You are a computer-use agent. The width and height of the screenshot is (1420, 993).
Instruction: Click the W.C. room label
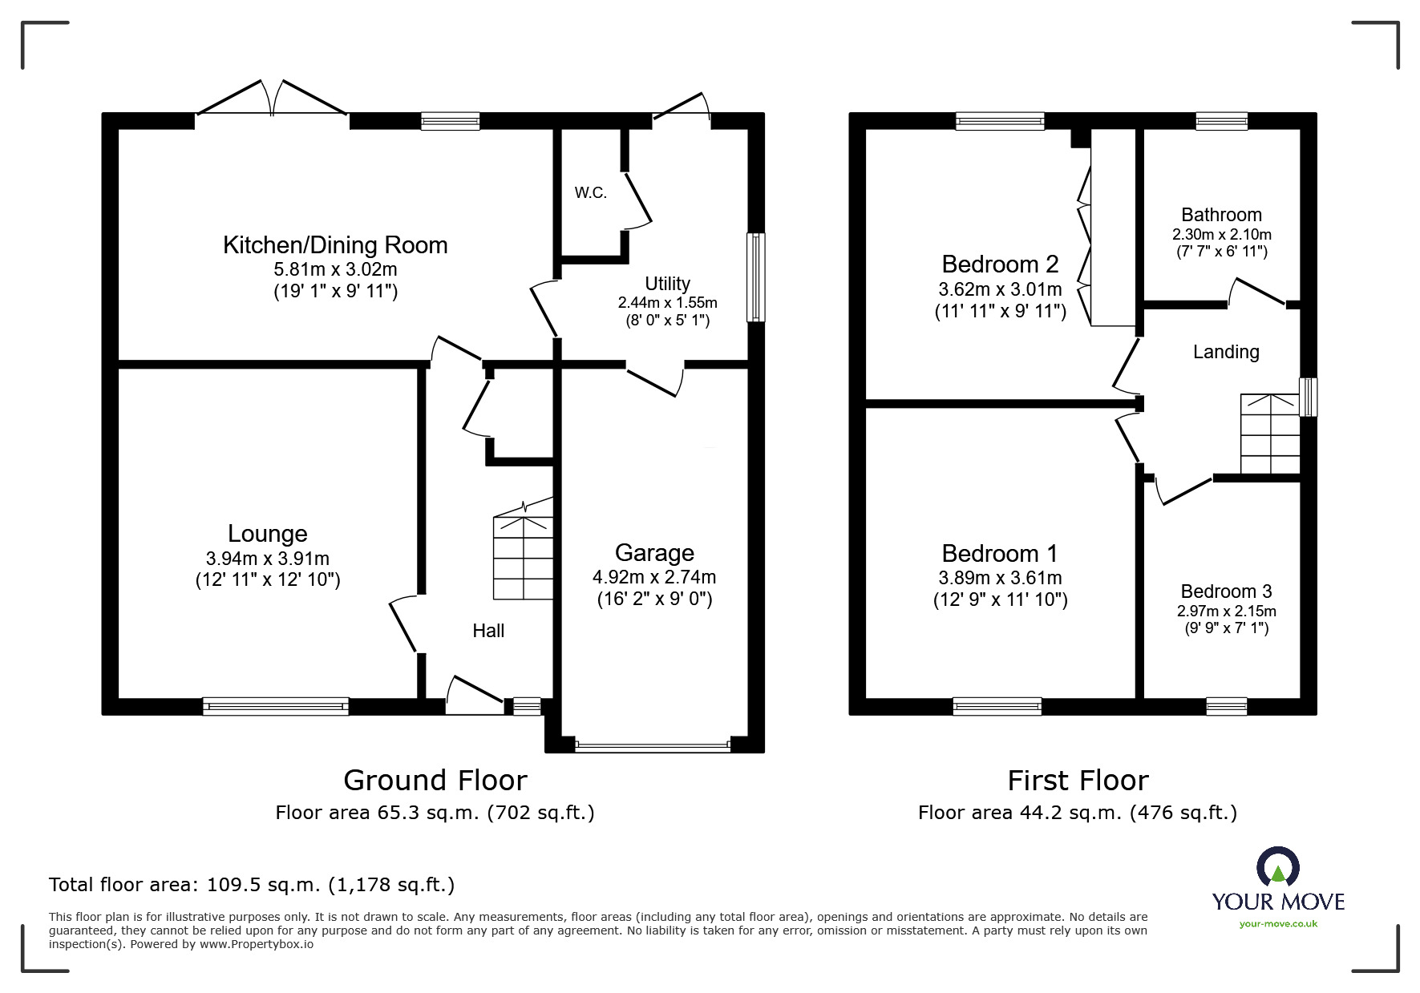(590, 193)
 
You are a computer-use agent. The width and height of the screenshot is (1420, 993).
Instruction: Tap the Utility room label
(667, 284)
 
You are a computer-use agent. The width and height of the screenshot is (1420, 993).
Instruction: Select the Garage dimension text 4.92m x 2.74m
(654, 577)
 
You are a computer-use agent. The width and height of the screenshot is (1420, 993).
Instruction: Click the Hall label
(488, 631)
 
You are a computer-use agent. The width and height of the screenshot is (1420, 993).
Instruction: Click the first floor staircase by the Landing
(1269, 434)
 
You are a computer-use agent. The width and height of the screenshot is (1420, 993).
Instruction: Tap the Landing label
(1225, 352)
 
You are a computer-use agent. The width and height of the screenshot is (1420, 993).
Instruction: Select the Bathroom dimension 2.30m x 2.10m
(1221, 235)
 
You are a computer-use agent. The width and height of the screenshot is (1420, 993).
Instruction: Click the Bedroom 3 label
(1226, 591)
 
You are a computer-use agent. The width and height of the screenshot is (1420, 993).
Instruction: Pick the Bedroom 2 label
(1000, 264)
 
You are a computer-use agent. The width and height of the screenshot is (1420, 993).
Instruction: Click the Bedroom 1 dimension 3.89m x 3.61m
(1000, 578)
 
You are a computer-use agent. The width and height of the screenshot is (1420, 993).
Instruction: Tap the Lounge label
(267, 534)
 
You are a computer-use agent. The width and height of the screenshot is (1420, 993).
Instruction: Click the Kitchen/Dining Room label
(335, 245)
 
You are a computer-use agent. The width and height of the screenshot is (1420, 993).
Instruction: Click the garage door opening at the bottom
(653, 746)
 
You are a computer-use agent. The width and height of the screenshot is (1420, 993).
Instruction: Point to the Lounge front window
(275, 706)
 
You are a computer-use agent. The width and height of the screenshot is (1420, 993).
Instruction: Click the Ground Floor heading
(435, 780)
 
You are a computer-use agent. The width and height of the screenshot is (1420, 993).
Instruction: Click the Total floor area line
(252, 885)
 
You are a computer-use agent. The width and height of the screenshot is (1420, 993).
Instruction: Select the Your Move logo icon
(1278, 867)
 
